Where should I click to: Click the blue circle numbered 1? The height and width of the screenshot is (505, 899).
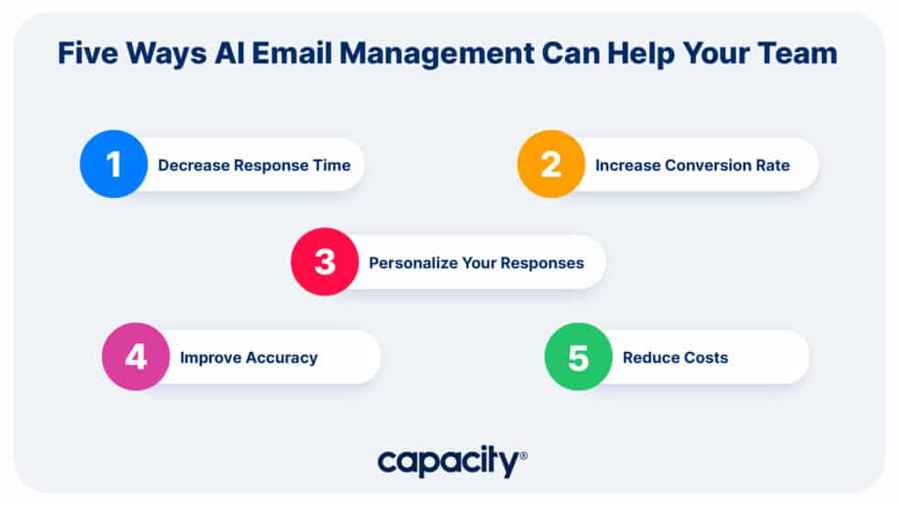[114, 164]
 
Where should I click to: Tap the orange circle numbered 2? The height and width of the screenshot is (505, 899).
[550, 164]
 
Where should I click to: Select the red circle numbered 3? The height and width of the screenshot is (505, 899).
[325, 261]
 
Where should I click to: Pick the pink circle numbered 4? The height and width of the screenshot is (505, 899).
[136, 357]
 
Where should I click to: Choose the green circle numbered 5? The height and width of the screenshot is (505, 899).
[578, 357]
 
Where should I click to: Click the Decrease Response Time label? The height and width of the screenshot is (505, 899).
[254, 166]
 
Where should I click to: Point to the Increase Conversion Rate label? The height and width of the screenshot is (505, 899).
[693, 166]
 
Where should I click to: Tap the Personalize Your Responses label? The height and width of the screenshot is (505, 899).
[476, 263]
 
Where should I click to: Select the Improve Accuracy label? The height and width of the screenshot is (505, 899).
[249, 357]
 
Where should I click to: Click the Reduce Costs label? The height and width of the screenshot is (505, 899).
[675, 357]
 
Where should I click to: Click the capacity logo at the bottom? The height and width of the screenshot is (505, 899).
[449, 461]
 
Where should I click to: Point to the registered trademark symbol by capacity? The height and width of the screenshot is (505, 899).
[524, 456]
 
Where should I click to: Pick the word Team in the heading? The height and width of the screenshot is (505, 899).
[799, 53]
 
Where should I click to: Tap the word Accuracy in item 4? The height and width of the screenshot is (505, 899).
[281, 357]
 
